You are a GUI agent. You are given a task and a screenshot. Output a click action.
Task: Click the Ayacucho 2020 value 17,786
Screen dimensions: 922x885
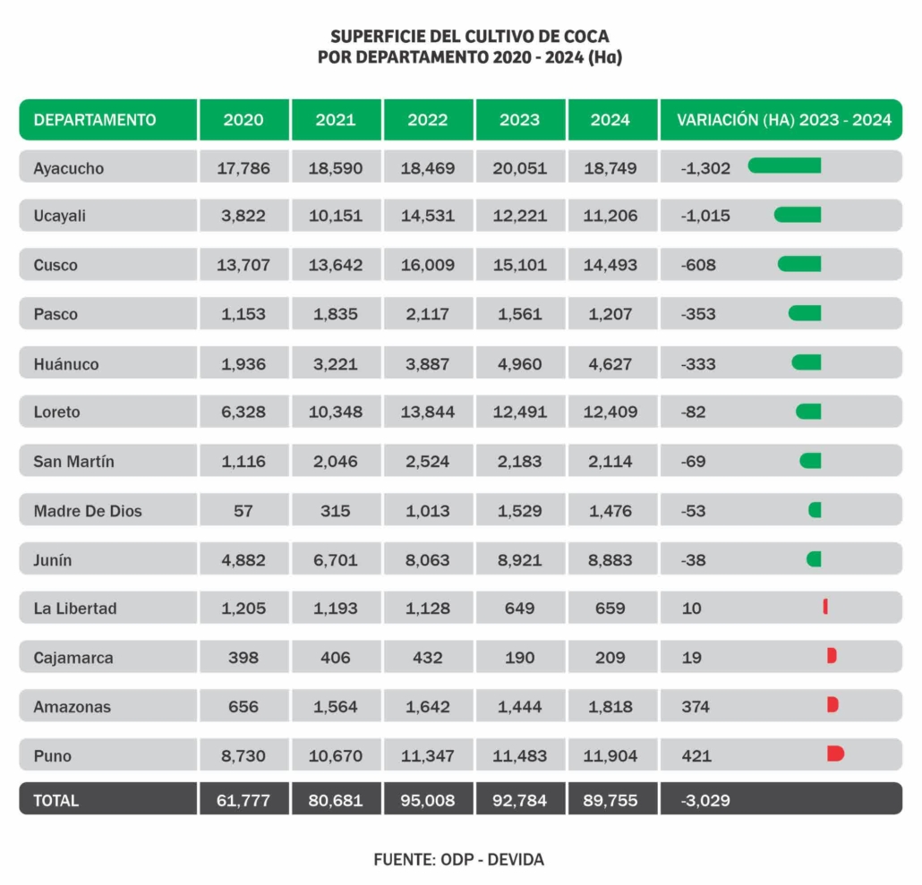click(x=243, y=168)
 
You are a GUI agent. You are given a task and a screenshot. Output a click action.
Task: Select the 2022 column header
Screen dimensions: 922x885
click(x=428, y=120)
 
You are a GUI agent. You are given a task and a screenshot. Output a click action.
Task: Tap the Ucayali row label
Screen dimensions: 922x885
click(x=59, y=216)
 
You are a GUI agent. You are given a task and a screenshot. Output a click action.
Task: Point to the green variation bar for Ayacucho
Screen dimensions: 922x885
click(x=784, y=166)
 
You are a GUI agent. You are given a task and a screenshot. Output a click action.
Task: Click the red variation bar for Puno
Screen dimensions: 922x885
click(x=835, y=753)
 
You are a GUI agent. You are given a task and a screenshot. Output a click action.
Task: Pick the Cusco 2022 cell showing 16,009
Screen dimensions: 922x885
click(x=428, y=265)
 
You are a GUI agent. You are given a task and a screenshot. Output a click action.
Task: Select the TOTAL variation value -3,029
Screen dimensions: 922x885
click(x=705, y=800)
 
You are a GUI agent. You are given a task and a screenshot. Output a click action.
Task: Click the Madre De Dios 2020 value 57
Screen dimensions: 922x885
click(x=243, y=511)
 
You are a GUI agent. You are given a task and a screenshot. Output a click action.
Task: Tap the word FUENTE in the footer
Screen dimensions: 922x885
click(x=405, y=859)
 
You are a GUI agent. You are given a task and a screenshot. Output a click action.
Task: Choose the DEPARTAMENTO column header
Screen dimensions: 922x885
click(x=95, y=120)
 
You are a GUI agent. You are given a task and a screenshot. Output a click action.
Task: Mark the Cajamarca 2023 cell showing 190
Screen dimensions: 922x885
click(x=520, y=658)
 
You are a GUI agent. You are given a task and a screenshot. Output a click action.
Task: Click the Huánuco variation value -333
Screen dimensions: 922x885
click(x=698, y=364)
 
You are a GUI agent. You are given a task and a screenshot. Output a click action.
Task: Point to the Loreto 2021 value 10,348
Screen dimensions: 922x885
click(x=335, y=412)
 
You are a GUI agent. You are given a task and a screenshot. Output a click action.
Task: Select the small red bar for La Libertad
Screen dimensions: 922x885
click(x=825, y=607)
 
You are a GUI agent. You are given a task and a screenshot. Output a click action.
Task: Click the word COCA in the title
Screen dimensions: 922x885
click(x=586, y=37)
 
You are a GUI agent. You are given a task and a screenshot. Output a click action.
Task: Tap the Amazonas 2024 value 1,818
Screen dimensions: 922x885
click(x=610, y=706)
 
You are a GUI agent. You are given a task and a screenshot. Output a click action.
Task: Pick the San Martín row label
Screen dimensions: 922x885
click(x=73, y=462)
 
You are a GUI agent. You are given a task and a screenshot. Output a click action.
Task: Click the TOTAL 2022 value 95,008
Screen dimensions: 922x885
click(x=428, y=800)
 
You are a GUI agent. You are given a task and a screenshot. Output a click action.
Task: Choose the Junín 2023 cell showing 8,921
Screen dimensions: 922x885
click(x=520, y=560)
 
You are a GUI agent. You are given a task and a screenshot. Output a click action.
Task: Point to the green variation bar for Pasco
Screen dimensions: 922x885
click(x=805, y=313)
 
